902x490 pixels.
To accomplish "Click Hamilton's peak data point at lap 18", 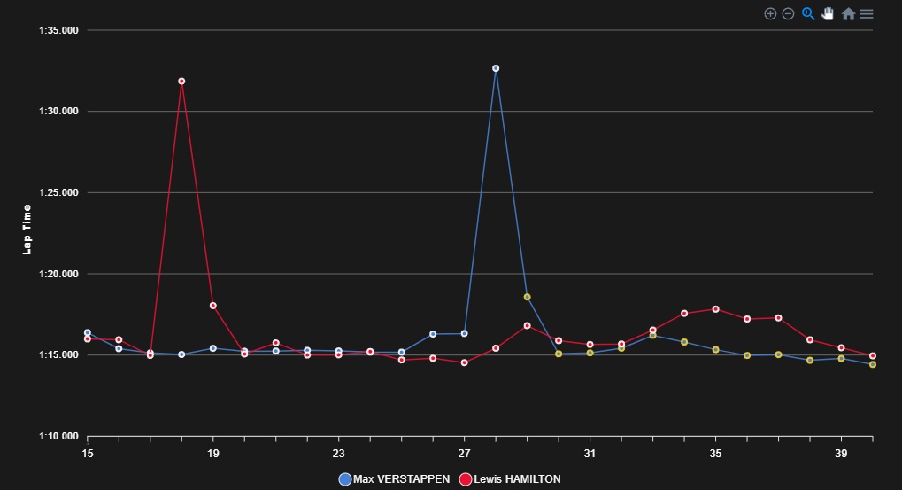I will pos(181,81).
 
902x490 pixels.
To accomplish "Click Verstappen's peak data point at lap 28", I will pos(496,68).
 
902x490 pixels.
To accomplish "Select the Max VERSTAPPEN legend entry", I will pos(394,479).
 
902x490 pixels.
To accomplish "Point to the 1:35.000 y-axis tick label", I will pos(59,30).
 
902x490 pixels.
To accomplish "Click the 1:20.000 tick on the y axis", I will pos(59,274).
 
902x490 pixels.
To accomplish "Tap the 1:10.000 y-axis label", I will pos(59,437).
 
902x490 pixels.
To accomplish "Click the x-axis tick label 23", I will pos(339,453).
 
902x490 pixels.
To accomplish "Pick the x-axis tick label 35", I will pos(715,453).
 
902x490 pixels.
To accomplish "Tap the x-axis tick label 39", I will pos(841,453).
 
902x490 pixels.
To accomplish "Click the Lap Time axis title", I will pos(27,229).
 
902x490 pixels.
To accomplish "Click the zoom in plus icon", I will pos(770,13).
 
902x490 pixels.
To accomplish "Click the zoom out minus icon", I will pos(788,13).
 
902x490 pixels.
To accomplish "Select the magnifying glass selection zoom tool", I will pos(808,13).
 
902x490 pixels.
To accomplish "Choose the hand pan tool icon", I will pos(828,13).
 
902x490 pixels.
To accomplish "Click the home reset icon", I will pos(848,13).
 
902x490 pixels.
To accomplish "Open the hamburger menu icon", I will pos(867,13).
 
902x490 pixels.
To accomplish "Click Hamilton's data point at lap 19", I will pos(213,306).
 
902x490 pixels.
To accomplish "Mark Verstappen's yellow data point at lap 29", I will pos(527,297).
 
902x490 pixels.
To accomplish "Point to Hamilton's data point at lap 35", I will pos(715,309).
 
